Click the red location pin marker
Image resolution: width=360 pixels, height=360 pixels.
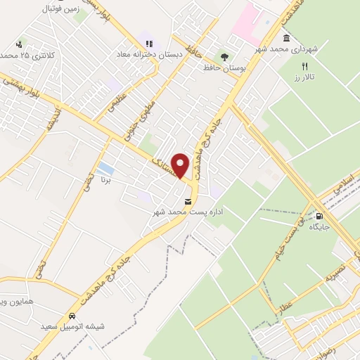tap(181, 165)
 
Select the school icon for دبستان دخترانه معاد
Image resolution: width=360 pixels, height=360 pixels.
tap(148, 43)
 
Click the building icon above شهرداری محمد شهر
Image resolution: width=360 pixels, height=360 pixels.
tap(286, 38)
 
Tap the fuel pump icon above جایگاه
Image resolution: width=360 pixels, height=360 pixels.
tap(320, 216)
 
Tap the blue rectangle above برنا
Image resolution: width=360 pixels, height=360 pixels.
tap(105, 169)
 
